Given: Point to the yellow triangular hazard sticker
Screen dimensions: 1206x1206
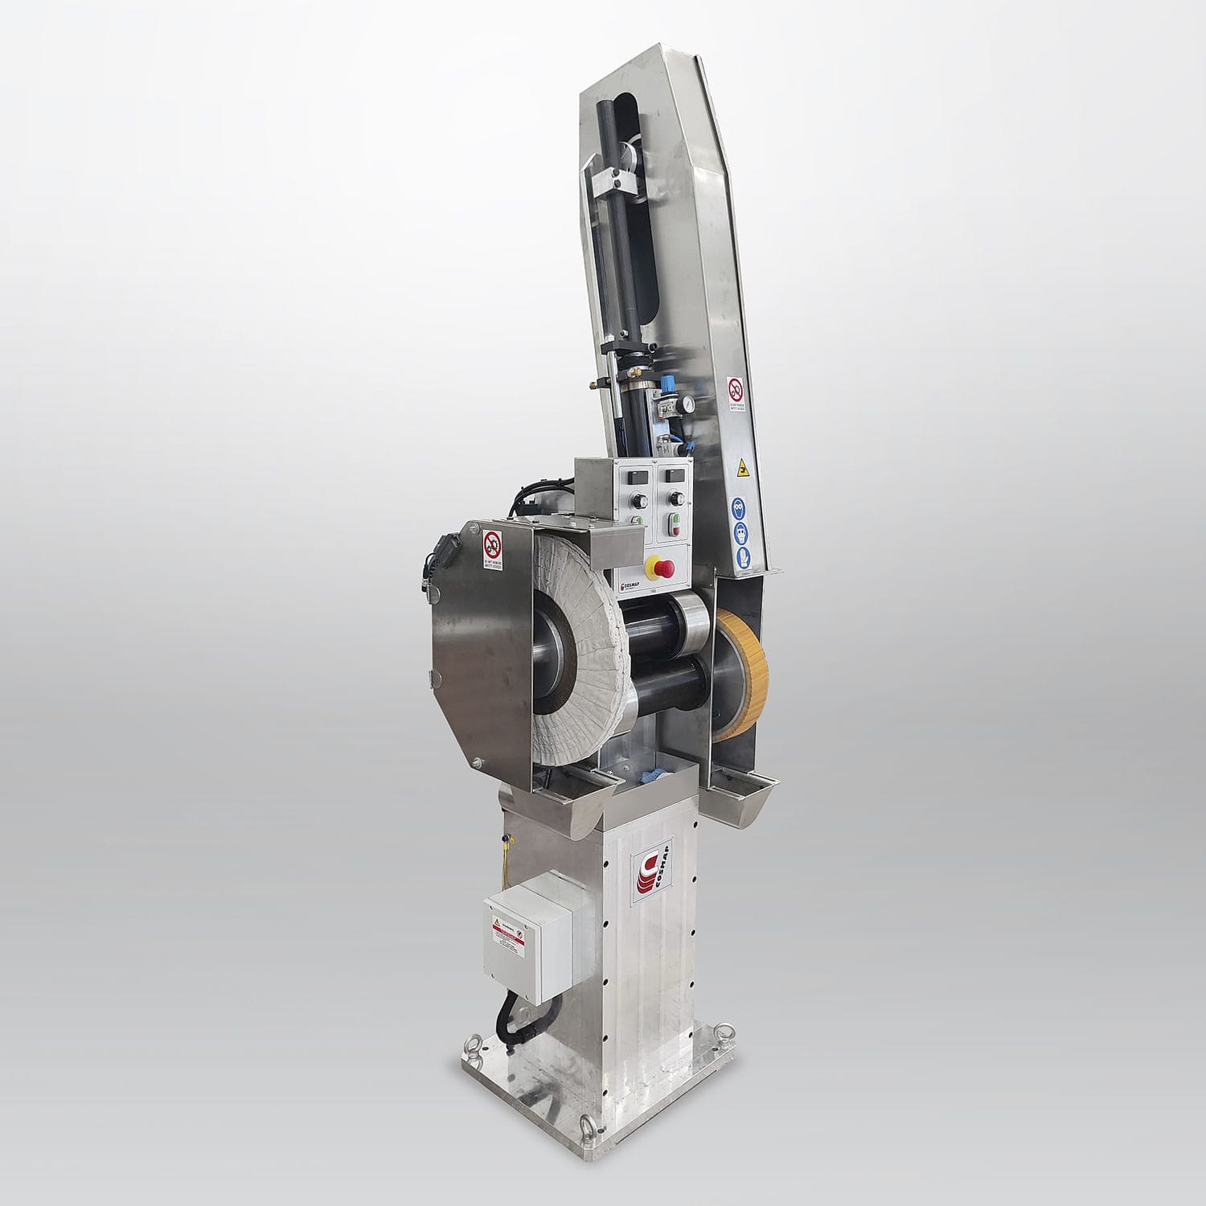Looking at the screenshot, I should (741, 466).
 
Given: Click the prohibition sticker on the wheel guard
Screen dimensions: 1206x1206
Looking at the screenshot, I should (492, 550).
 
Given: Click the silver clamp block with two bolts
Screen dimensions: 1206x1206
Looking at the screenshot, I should (613, 183).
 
